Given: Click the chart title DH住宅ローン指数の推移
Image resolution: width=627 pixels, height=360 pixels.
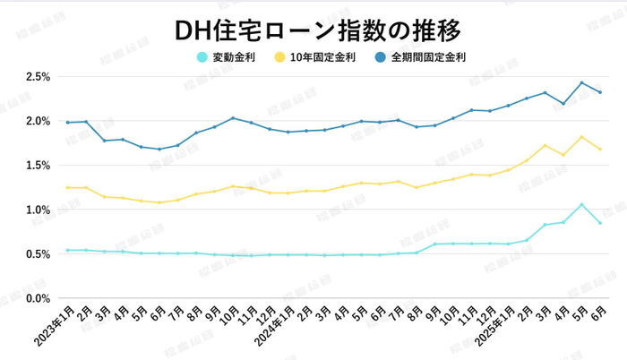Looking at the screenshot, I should [x=313, y=30].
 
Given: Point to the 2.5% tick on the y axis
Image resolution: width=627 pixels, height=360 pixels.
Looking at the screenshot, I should [x=37, y=77].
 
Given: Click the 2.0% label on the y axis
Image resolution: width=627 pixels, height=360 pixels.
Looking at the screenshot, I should [x=37, y=121].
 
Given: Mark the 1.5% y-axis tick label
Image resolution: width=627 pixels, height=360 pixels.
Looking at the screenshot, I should [x=37, y=166].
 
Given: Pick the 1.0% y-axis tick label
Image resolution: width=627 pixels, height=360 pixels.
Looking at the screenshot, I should [x=37, y=210].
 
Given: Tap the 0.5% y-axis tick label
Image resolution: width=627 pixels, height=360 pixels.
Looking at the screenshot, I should [x=37, y=254].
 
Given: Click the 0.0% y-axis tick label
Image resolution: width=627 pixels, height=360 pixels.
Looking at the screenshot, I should [x=37, y=298].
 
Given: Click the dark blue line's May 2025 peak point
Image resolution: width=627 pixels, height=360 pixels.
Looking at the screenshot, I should [x=582, y=82].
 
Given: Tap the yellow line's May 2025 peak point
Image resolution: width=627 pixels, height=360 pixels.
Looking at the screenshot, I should [x=582, y=137].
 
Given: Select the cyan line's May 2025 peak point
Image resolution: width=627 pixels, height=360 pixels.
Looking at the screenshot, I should [x=582, y=205].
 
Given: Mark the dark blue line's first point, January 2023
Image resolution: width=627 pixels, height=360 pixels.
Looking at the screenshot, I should [x=67, y=123].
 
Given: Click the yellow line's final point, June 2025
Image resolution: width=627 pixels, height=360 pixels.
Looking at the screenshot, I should [x=600, y=150].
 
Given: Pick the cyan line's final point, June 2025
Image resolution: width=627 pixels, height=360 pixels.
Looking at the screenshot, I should [x=600, y=223].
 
